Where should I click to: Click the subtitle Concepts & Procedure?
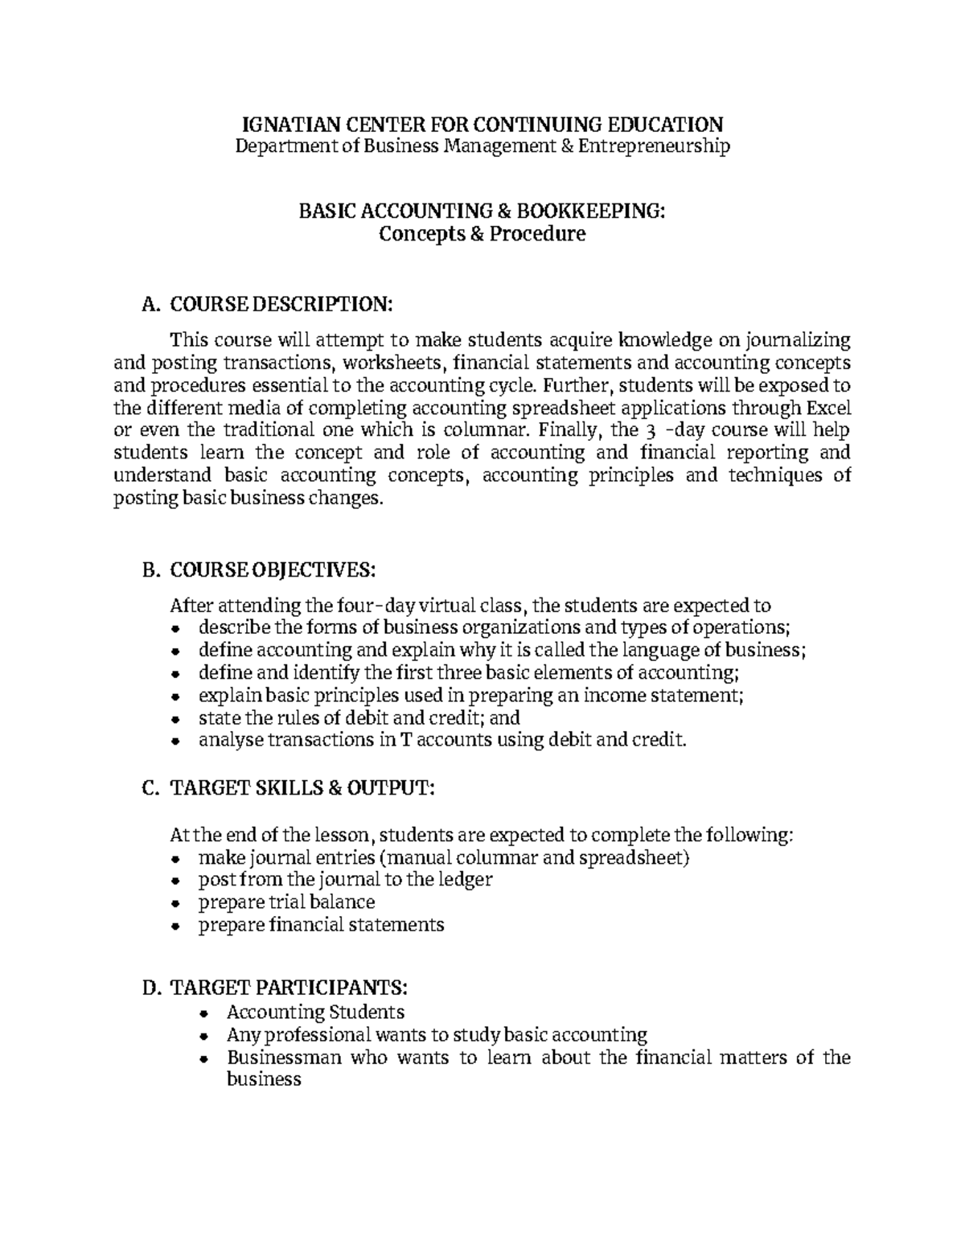pos(482,234)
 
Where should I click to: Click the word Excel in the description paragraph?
pos(828,407)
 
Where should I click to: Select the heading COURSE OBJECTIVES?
pos(273,570)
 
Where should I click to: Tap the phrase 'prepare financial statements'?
pos(321,925)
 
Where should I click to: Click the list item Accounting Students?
pos(315,1012)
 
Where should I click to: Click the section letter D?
pos(148,988)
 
